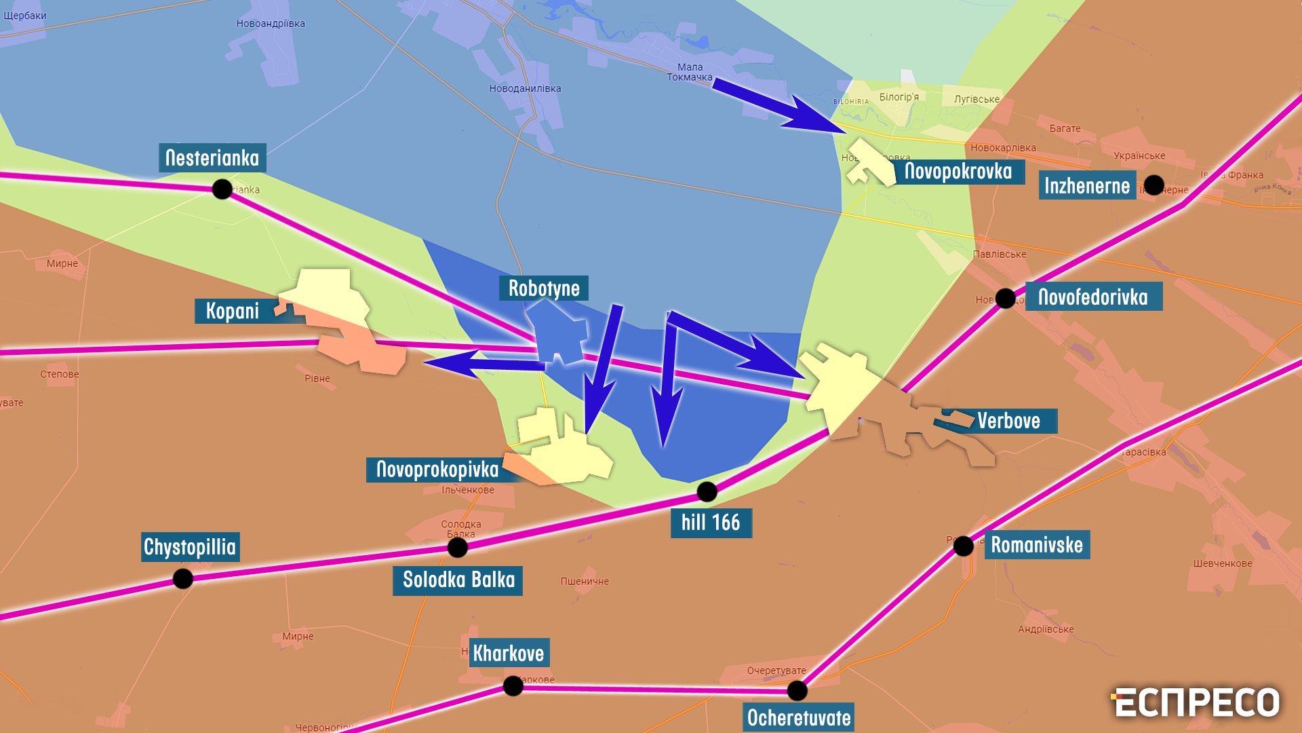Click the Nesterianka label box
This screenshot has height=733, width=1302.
(x=212, y=158)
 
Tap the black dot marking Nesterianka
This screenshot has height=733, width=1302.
(x=222, y=189)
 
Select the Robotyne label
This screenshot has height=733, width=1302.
(x=544, y=288)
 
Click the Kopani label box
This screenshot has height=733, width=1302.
(x=233, y=311)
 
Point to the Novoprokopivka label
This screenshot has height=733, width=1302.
(x=437, y=469)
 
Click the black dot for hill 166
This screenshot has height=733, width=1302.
(x=707, y=491)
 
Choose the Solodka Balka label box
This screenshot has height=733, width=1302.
(x=458, y=580)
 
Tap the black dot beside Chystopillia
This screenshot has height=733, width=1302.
(x=183, y=578)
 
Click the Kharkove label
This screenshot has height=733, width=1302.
(x=509, y=653)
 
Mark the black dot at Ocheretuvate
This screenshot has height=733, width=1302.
(x=797, y=690)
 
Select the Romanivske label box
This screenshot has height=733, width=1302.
(x=1037, y=545)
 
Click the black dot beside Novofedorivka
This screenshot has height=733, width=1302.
(x=1005, y=298)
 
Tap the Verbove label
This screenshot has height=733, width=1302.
(x=1009, y=421)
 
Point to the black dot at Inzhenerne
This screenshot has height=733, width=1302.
(x=1153, y=185)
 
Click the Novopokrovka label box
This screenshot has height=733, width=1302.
(x=958, y=172)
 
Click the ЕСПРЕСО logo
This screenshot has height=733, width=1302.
(x=1196, y=702)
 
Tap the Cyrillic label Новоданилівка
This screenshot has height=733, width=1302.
(x=525, y=89)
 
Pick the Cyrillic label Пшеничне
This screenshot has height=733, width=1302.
(x=585, y=582)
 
